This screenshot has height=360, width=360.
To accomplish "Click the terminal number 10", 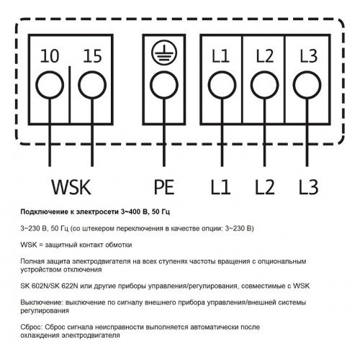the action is (x=50, y=56).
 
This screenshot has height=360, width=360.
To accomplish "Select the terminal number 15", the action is (x=92, y=56).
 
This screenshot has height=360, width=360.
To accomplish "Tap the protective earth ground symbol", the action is (x=164, y=53).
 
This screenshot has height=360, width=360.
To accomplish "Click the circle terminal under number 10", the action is (x=50, y=85).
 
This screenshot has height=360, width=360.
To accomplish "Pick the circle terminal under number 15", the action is (x=92, y=85).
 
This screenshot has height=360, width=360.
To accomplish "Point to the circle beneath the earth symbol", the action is (x=164, y=85).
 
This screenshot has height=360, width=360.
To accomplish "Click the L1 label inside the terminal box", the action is (x=220, y=56).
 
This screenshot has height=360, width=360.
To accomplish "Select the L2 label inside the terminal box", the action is (x=265, y=56).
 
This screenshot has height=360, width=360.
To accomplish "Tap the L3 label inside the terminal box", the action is (x=309, y=56).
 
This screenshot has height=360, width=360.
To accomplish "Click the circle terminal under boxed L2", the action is (x=265, y=85).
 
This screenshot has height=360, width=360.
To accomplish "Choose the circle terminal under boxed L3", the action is (x=307, y=85).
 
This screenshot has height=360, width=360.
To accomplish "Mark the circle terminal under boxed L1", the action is (x=222, y=85).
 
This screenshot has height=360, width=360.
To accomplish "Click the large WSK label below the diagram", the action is (x=71, y=186).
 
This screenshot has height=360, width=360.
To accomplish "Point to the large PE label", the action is (x=164, y=186).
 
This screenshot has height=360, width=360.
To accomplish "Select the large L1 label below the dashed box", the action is (x=220, y=186).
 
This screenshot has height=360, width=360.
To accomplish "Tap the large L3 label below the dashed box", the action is (x=309, y=186).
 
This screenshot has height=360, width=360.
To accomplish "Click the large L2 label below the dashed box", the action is (x=265, y=186).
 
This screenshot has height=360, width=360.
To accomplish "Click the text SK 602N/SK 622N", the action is (x=49, y=286).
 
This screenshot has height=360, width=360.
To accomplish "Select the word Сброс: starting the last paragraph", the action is (x=32, y=327).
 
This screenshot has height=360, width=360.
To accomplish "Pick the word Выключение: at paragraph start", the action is (x=42, y=302).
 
